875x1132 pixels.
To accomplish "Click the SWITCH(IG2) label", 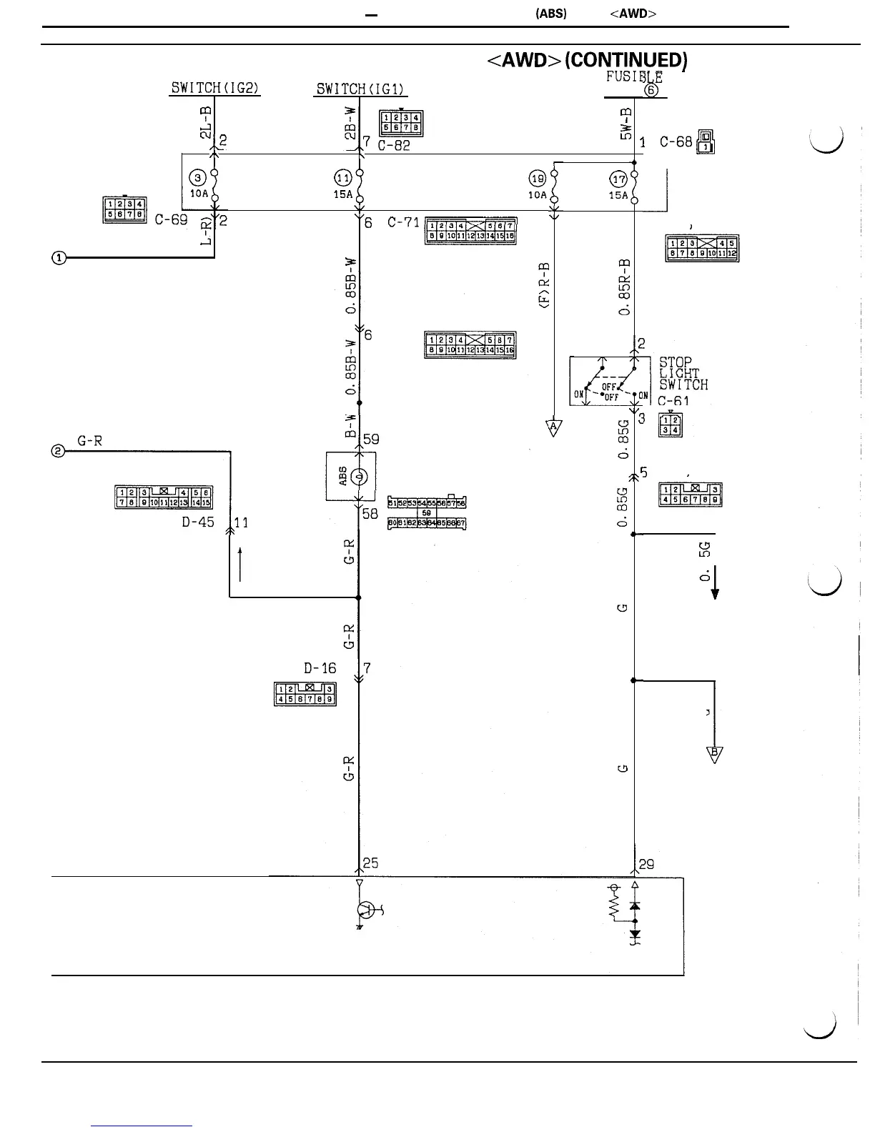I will pos(214,89).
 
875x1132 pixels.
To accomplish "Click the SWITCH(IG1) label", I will pos(361,89).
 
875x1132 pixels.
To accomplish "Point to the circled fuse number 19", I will pos(538,178).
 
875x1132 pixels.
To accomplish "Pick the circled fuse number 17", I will pos(618,178).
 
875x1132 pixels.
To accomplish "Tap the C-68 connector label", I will pos(676,142).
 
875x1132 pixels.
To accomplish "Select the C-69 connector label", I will pos(172,220).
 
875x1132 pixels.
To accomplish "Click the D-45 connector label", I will pos(197,522).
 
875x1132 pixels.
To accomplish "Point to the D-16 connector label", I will pos(320,669).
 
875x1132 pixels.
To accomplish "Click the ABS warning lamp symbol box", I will pos(351,476).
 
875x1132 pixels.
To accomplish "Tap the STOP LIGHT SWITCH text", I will pos(683,374).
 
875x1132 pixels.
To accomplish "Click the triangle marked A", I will pos(554,427).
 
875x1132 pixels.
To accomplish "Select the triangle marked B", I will pos(714,753).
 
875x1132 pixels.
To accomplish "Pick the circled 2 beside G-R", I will pos(58,451).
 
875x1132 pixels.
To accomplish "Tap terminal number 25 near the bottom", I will pos(370,863).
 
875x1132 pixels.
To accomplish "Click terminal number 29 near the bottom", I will pos(646,864).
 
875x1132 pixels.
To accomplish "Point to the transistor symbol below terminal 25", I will pos(367,910).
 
